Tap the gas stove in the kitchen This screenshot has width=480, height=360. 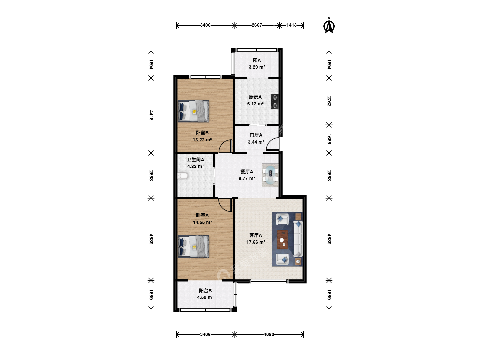274,101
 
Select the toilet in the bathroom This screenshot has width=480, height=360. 183,176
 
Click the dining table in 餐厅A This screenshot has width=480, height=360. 271,175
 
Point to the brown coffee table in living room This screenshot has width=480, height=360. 283,239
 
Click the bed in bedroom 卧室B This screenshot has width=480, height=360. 193,111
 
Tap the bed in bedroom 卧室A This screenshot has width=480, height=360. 193,247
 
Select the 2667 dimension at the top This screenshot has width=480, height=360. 257,25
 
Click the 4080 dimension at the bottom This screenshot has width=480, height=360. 269,334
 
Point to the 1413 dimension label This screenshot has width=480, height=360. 291,25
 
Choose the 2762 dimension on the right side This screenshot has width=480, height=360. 329,101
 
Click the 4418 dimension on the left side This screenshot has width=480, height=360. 151,115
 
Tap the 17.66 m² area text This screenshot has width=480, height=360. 256,242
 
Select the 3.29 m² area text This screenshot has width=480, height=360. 257,67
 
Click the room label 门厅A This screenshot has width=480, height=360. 256,135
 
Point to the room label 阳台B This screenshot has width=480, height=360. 205,290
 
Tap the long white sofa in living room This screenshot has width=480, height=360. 298,238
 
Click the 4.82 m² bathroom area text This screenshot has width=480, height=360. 195,166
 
